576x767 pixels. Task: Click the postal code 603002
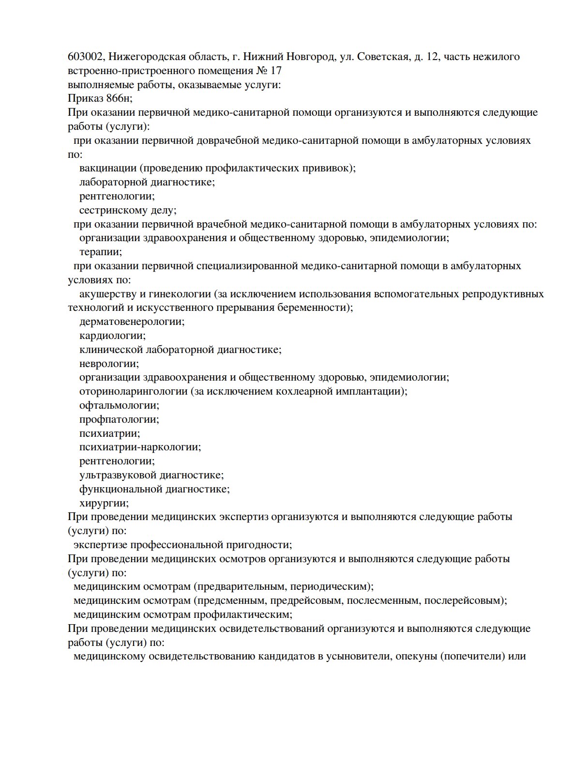pyautogui.click(x=85, y=57)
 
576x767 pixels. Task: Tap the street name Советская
pyautogui.click(x=382, y=57)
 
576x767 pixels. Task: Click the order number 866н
pyautogui.click(x=119, y=99)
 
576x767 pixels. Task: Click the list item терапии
pyautogui.click(x=100, y=252)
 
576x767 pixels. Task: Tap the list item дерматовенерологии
pyautogui.click(x=132, y=322)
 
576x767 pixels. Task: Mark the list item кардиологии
pyautogui.click(x=112, y=336)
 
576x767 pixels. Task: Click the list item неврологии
pyautogui.click(x=109, y=363)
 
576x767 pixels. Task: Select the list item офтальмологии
pyautogui.click(x=119, y=405)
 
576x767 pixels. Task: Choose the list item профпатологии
pyautogui.click(x=119, y=419)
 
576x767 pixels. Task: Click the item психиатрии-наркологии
pyautogui.click(x=140, y=447)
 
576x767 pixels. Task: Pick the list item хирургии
pyautogui.click(x=104, y=503)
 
